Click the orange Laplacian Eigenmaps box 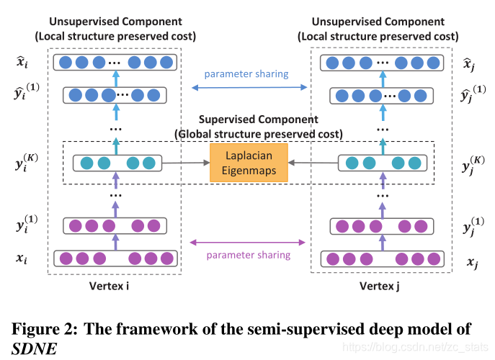pos(249,163)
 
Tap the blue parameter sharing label pos(246,74)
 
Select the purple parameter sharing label pos(249,255)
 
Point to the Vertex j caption pos(381,287)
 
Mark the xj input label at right pos(473,263)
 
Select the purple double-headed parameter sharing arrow pos(246,243)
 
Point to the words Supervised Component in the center pos(258,120)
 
